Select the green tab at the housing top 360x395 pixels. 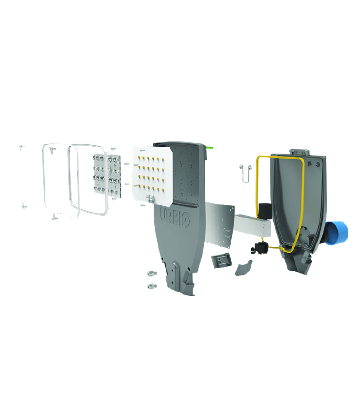coord(210,148)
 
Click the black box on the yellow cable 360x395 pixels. coord(265,211)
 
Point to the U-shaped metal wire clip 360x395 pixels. coord(245,173)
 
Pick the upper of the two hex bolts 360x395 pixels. coord(152,273)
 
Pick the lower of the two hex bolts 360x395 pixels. coord(152,286)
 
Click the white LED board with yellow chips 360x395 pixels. coord(153,174)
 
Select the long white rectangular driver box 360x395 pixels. coord(253,225)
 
